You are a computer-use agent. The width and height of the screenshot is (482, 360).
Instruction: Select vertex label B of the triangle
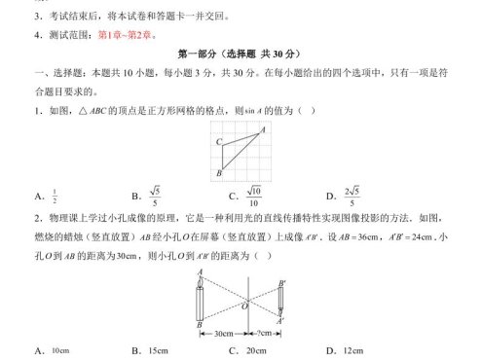pyautogui.click(x=218, y=172)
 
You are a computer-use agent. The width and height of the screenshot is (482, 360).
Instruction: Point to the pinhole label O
pyautogui.click(x=243, y=306)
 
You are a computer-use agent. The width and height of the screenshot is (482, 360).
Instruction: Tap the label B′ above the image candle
pyautogui.click(x=281, y=283)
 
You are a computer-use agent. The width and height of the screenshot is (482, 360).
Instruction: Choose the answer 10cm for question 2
pyautogui.click(x=60, y=350)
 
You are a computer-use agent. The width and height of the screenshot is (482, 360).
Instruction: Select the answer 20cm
pyautogui.click(x=256, y=350)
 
